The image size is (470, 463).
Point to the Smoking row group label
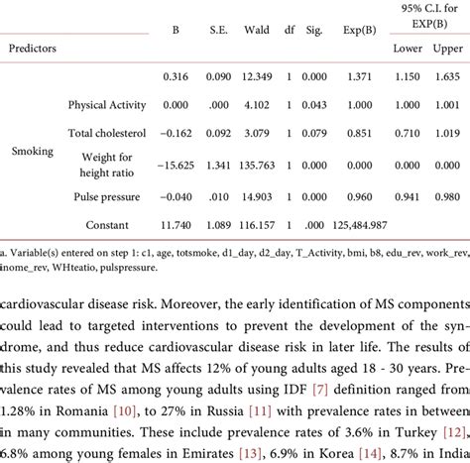point(33,152)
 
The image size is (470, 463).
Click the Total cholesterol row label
point(108,132)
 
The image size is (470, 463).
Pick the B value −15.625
point(175,169)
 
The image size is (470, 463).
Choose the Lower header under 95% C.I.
point(407,47)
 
